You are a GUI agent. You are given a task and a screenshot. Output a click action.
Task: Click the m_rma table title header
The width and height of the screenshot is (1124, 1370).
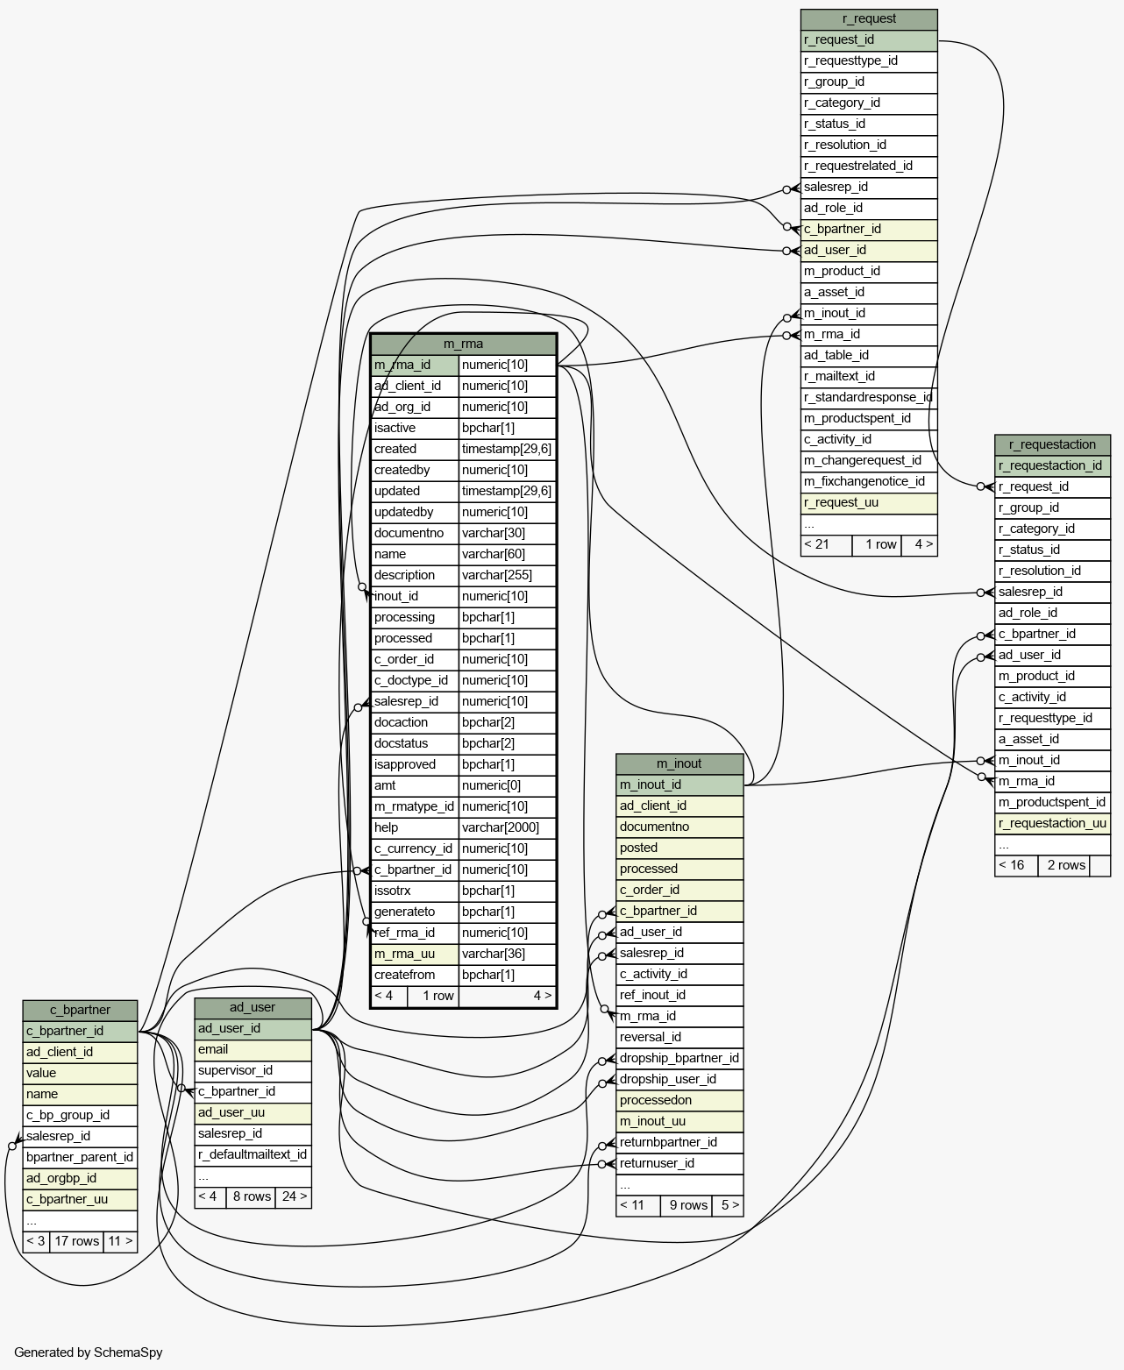coord(463,344)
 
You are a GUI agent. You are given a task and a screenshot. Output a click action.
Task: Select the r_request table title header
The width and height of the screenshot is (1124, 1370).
coord(869,18)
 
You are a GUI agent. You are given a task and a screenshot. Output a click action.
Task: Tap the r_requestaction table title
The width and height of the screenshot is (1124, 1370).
coord(1052,445)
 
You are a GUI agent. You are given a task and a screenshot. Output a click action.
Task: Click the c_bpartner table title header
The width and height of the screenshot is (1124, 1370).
coord(80,1010)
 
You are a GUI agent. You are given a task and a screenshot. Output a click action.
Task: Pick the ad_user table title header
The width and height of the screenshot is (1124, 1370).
coord(253,1007)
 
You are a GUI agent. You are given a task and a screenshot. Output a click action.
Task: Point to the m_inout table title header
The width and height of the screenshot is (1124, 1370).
coord(679,763)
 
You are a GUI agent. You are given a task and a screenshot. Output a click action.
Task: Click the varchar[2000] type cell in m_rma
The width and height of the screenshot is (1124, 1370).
coord(507,827)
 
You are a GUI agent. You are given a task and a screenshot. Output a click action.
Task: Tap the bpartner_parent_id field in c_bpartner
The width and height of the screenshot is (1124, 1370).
coord(80,1157)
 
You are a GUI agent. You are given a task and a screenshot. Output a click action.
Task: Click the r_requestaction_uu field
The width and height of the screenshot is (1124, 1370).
coord(1052,823)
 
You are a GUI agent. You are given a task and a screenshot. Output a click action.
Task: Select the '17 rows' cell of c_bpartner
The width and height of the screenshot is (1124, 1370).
coord(76,1241)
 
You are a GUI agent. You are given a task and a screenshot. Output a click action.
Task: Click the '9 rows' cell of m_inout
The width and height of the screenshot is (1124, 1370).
coord(688,1205)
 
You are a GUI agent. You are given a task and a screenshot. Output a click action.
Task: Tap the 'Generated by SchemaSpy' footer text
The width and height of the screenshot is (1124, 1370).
coord(89,1352)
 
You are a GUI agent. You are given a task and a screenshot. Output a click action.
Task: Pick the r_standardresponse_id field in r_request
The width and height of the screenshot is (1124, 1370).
coord(869,398)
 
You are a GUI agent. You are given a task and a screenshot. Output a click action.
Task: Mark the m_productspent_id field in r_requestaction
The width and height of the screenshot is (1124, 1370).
coord(1052,802)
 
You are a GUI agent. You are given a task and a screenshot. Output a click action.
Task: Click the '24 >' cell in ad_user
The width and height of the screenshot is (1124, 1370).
coord(294,1196)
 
